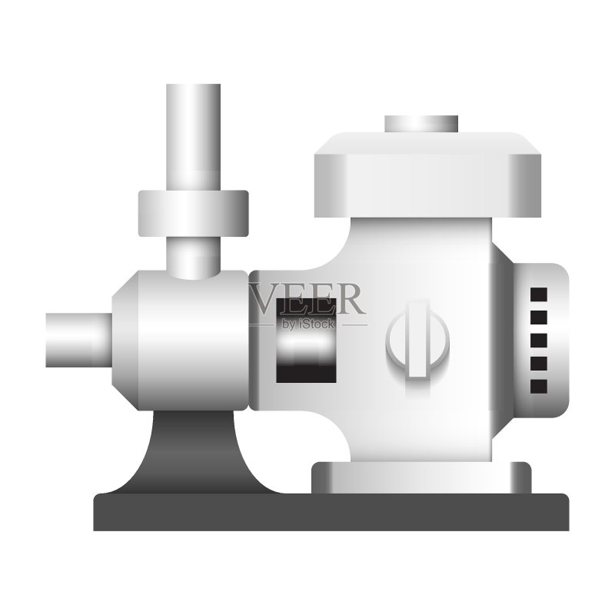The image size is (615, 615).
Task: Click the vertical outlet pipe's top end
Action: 193,85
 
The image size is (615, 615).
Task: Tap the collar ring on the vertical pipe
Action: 194,214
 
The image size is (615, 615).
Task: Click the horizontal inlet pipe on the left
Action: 79,340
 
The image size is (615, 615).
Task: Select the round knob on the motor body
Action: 417,340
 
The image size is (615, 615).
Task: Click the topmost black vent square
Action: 539,294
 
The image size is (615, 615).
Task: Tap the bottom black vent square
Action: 539,387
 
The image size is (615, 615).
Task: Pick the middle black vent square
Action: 539,341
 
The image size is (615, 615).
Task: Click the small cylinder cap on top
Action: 421,124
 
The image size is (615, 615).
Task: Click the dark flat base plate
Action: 331,512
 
